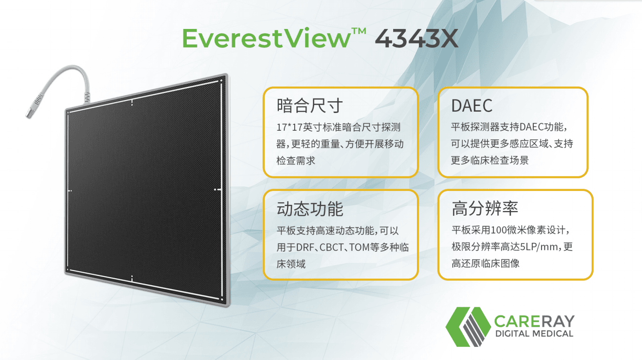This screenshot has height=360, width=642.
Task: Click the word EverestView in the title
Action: click(266, 39)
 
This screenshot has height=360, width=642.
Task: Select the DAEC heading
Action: click(472, 106)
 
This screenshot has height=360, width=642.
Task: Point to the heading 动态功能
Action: click(310, 209)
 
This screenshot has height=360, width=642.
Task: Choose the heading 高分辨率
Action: click(485, 208)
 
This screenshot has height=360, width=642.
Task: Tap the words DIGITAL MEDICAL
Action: click(534, 334)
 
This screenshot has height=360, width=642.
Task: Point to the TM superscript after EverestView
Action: click(358, 31)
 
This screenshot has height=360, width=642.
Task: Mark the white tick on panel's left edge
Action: click(70, 191)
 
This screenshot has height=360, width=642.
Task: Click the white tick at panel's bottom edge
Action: click(132, 279)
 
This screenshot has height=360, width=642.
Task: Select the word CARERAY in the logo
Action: click(534, 322)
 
